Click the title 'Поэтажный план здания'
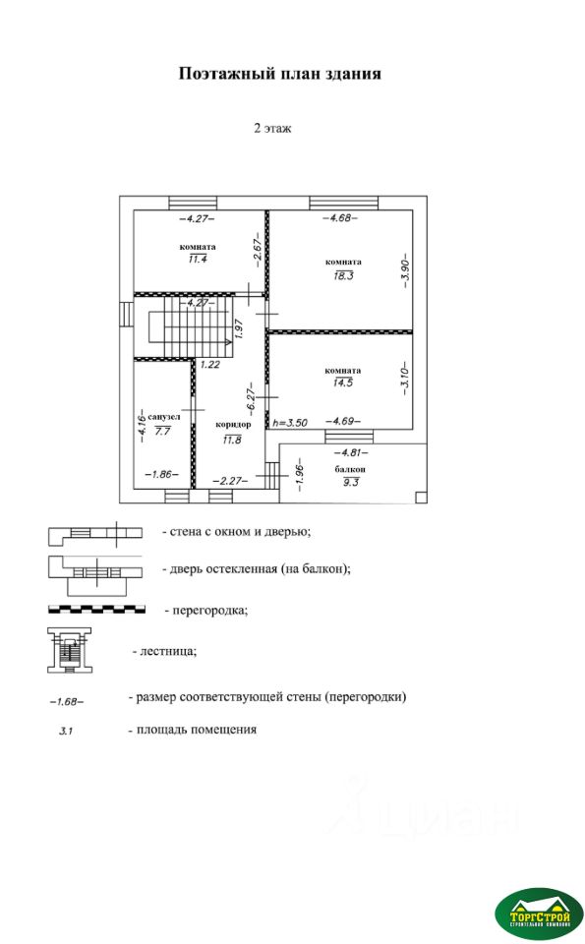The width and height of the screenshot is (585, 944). coord(280,74)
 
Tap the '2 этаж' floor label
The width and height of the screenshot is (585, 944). coord(272,128)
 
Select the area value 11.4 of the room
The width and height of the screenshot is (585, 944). coord(198,260)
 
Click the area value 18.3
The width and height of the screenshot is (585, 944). coord(344,275)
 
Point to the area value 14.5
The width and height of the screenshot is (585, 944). coord(343,383)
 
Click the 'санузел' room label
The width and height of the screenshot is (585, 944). coord(164,417)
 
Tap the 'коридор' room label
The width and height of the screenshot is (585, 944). coord(233,425)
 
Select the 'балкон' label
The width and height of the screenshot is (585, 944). coord(350,469)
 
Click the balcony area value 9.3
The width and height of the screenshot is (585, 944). coord(350,482)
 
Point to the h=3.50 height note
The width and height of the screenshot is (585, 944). coord(289,423)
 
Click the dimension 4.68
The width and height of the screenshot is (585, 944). coord(340,218)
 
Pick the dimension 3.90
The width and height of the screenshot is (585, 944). coord(406,269)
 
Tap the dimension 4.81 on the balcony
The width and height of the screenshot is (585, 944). coord(351,452)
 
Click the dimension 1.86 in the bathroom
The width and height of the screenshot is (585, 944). coord(162,474)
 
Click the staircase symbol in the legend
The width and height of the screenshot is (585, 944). coord(70,650)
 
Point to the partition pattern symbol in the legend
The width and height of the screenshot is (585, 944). coord(97,610)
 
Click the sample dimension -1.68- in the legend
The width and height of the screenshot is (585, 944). coord(67,702)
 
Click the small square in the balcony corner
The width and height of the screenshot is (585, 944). coord(421,497)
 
